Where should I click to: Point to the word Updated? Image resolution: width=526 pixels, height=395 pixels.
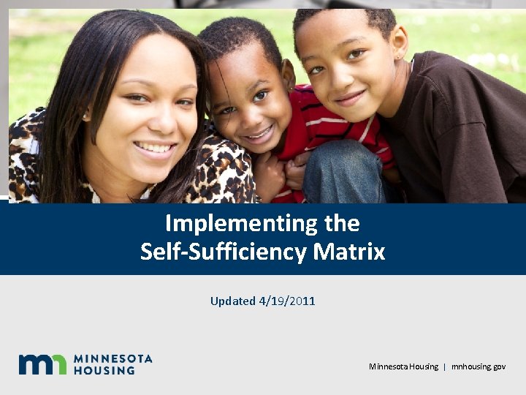click(x=233, y=301)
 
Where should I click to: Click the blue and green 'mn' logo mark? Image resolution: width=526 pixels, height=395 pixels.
click(x=42, y=364)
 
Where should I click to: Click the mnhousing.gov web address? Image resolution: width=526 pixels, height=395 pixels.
click(x=478, y=366)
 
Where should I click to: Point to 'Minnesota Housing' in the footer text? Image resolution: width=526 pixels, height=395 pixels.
click(x=403, y=366)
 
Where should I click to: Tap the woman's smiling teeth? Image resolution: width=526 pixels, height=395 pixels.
click(x=155, y=148)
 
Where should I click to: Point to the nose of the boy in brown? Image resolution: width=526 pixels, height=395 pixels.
click(x=340, y=77)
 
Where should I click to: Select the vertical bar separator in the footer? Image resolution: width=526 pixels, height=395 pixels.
click(x=444, y=366)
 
